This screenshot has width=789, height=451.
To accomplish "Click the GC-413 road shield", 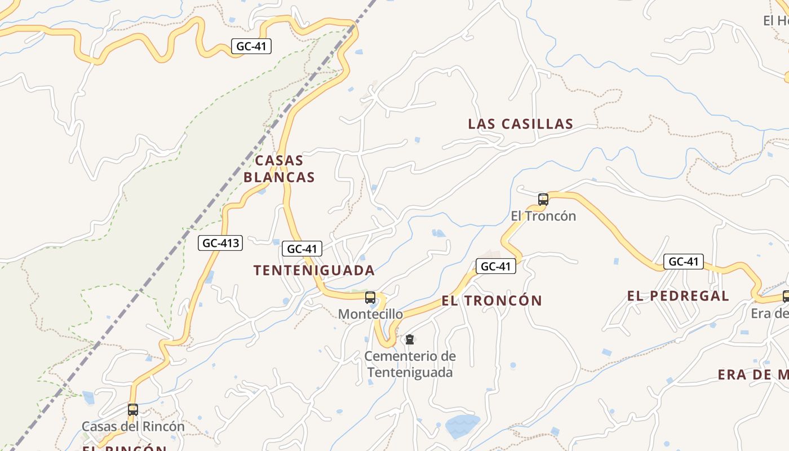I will pos(220,244).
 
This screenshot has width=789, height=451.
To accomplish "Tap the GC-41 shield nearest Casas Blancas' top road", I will pos(251,46).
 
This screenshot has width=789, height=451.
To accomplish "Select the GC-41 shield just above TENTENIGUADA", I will pos(302,249).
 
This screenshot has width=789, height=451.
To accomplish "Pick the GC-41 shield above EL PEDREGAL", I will pos(683,262).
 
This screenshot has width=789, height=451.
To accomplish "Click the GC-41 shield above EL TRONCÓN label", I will pos(496,266).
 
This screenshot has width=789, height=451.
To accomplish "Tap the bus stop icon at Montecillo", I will pos(370,298).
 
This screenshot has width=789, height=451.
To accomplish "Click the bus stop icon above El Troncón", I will pos(543,199).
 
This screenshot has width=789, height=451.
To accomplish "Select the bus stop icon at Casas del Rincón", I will pos(133,410).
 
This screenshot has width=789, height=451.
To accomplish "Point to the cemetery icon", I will pos(410,339).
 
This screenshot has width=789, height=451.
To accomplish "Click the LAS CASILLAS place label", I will pos(520,124).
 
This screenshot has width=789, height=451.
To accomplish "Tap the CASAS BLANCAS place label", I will pos(279,169).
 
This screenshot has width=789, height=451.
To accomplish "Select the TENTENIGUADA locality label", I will pos(314,271).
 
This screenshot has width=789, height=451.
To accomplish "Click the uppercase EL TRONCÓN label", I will pos(491,300).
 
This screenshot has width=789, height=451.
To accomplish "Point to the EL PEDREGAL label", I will pos(678,296).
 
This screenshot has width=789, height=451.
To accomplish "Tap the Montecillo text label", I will pos(370,314).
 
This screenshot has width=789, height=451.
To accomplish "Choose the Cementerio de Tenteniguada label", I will pos(410,364).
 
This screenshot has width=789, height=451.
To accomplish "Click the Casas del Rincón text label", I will pos(133,427).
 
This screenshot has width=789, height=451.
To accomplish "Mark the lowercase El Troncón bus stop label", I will pos(543,216).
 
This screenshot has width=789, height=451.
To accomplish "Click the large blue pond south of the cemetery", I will pos(462,426).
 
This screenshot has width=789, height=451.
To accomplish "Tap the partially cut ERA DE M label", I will pos(753,375).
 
